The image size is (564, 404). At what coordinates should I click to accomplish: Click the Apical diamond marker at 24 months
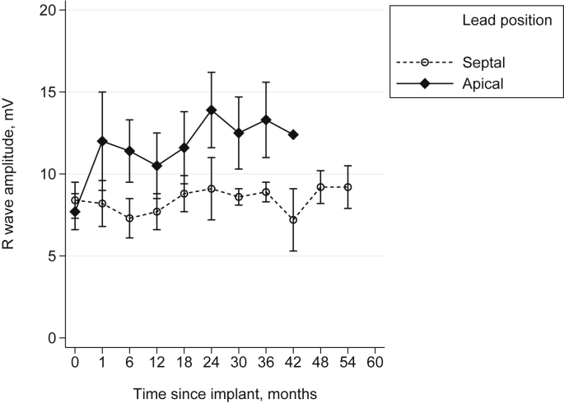tap(212, 110)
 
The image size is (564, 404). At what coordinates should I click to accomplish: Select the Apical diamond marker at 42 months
tap(293, 134)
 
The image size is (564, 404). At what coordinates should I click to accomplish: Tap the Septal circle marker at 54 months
tap(347, 187)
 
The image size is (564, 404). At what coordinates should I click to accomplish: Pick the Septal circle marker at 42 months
tap(293, 220)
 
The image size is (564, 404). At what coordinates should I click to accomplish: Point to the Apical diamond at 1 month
tap(102, 141)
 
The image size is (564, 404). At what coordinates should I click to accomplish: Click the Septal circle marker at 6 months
tap(129, 218)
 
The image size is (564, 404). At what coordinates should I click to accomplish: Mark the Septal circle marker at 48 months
tap(320, 187)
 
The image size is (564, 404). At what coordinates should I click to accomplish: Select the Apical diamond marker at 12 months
tap(156, 166)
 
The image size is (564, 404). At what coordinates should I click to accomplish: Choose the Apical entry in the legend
tap(483, 83)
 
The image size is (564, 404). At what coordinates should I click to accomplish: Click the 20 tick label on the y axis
tap(49, 10)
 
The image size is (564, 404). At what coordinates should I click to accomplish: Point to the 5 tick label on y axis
tap(52, 256)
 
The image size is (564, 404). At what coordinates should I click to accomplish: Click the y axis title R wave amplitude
tap(13, 174)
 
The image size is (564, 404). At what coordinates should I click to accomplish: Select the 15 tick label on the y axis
tap(49, 92)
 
